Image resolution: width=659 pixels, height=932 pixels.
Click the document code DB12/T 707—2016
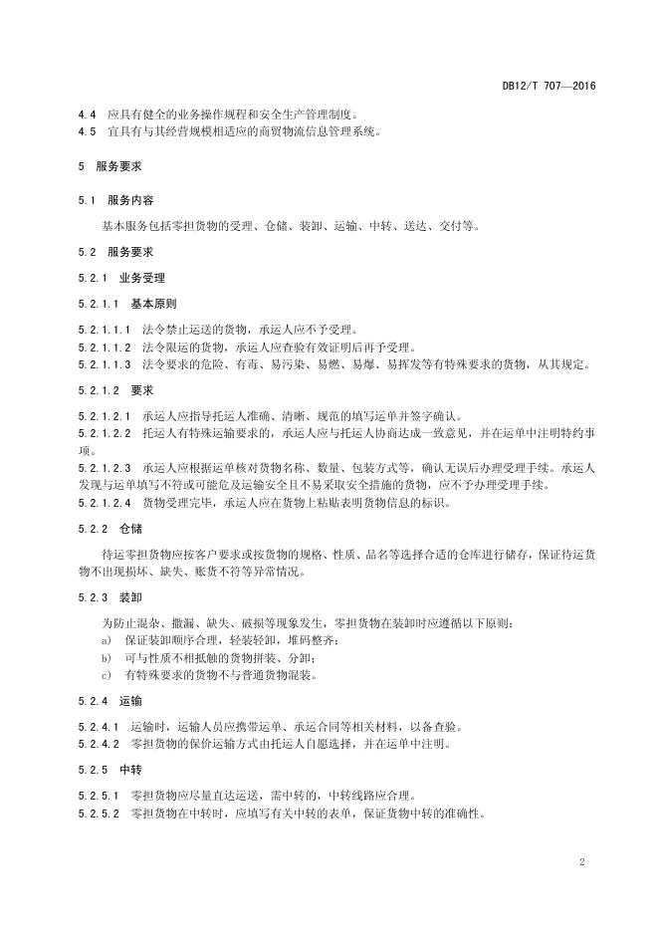pyautogui.click(x=549, y=87)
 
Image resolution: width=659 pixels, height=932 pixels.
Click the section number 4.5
pyautogui.click(x=88, y=131)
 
